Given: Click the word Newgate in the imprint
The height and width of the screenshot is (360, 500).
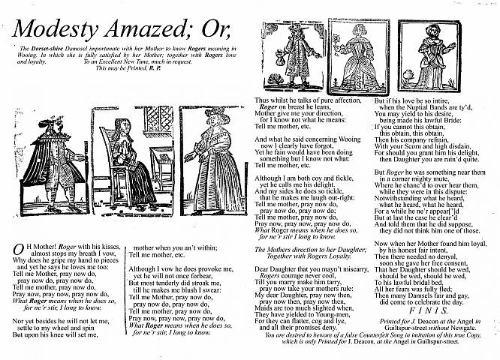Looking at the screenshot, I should coord(474,325).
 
